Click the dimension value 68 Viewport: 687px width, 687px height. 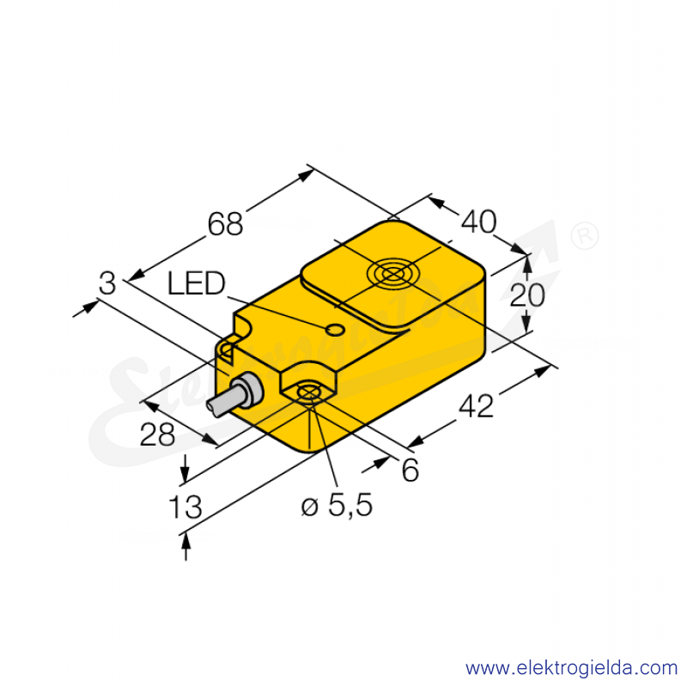(225, 224)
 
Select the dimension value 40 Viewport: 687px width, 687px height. (478, 222)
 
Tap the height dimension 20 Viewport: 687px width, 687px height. (527, 295)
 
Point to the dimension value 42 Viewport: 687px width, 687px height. (477, 405)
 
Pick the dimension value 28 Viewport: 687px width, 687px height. (157, 435)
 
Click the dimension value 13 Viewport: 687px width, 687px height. (185, 507)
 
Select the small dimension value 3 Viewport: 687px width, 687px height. (107, 283)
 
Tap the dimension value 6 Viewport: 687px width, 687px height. (410, 470)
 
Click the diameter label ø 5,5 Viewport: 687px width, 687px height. (337, 505)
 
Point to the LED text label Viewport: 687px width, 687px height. (197, 283)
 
